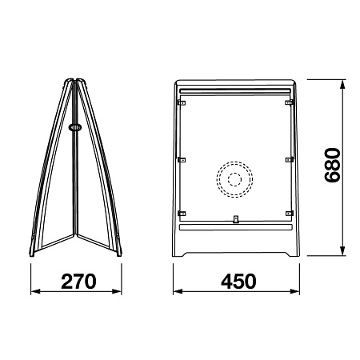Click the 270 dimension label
78,282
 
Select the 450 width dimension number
238,282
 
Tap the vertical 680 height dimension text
332,165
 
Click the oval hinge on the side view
75,127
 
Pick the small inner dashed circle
234,179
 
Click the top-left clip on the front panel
182,102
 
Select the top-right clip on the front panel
290,102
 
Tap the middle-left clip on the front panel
182,160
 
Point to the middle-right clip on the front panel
290,160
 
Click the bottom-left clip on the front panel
182,214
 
